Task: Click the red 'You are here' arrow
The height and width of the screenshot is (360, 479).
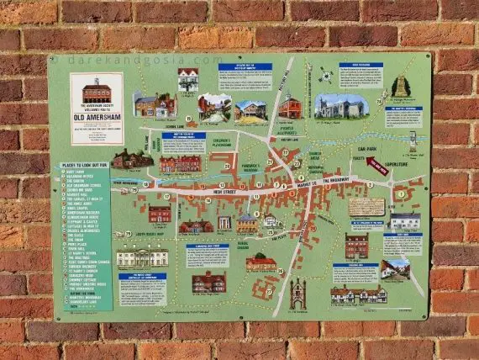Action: coord(377,166)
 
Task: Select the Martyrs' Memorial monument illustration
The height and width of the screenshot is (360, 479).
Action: coord(400,87)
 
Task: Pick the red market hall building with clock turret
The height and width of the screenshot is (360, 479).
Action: coord(289,106)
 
